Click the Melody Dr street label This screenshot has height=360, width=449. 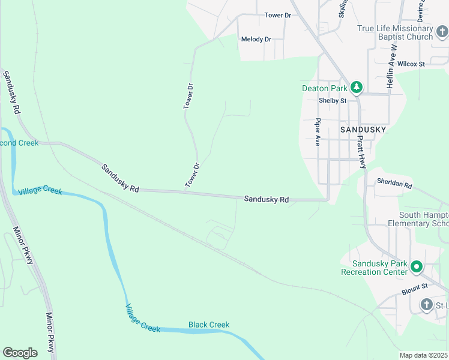tap(256, 40)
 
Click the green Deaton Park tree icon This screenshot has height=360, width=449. tap(357, 88)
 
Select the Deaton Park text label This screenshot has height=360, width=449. tap(324, 89)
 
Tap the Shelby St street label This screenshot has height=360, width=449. tap(333, 101)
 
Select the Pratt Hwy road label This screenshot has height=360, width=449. tap(361, 151)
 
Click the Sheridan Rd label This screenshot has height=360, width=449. tap(394, 184)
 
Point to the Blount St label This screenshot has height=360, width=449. tap(414, 290)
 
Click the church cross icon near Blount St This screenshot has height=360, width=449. tap(426, 305)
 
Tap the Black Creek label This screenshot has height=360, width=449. tap(209, 325)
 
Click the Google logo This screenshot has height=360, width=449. tap(20, 353)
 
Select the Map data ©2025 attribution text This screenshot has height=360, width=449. tap(423, 355)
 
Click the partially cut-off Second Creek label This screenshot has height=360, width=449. tap(19, 143)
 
